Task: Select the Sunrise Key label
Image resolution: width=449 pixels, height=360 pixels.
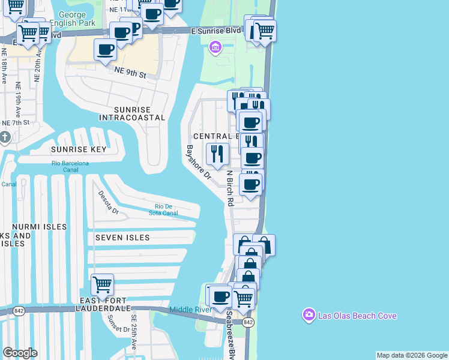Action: click(x=79, y=149)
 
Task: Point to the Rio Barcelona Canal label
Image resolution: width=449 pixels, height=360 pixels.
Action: click(x=70, y=166)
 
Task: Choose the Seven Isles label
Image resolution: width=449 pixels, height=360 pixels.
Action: click(x=122, y=238)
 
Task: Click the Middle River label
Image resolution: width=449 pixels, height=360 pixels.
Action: click(x=190, y=310)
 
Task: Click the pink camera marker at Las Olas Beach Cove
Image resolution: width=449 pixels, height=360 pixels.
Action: click(x=309, y=315)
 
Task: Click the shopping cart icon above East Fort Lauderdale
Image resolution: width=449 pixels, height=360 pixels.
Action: click(x=103, y=284)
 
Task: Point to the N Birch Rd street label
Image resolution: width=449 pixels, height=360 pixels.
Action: click(x=229, y=188)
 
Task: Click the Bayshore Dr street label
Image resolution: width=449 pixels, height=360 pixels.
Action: click(x=198, y=163)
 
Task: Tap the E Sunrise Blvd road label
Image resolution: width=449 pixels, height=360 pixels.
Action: click(x=215, y=30)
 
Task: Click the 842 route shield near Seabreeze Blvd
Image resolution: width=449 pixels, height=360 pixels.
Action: click(x=249, y=322)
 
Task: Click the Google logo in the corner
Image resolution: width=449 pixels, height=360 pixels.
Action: click(x=20, y=353)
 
